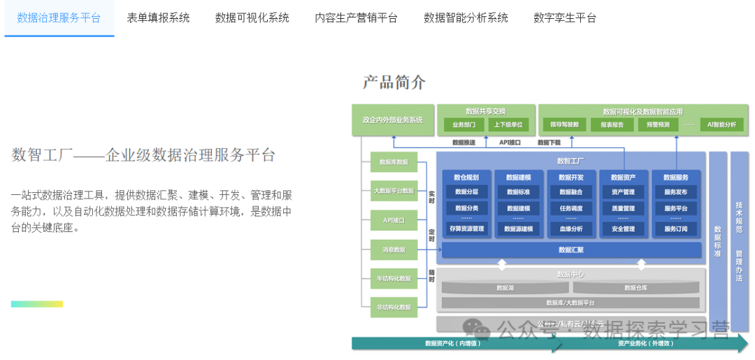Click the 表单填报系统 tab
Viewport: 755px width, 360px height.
click(x=158, y=17)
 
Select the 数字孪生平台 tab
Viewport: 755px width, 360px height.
click(x=565, y=17)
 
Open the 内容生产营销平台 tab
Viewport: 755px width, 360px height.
click(x=356, y=17)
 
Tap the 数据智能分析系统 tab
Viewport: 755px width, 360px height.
click(x=466, y=17)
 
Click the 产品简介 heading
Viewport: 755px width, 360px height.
click(x=394, y=82)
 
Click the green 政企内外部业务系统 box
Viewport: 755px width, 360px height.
click(x=393, y=120)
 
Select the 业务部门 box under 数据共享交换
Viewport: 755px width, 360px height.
click(x=463, y=125)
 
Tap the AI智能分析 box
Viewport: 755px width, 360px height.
click(x=721, y=125)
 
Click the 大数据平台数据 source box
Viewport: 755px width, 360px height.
click(x=394, y=190)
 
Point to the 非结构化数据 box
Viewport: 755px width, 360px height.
click(x=394, y=306)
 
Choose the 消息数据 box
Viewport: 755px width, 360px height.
click(x=394, y=249)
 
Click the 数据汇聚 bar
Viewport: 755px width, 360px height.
click(x=571, y=250)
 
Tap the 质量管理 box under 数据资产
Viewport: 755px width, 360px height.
click(x=623, y=208)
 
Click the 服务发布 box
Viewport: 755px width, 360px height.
click(x=675, y=192)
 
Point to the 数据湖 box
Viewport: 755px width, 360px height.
click(x=505, y=287)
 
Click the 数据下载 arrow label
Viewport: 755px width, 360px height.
click(x=549, y=143)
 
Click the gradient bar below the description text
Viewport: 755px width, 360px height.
click(x=36, y=304)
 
